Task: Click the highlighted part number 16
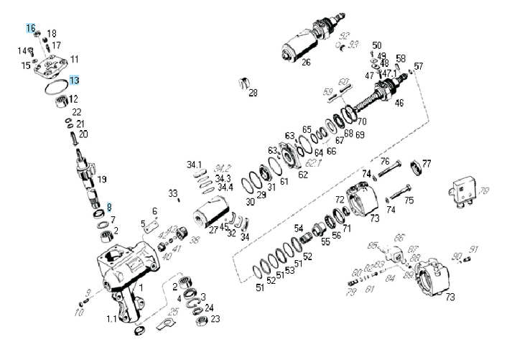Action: tap(31, 28)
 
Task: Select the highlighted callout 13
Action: tap(74, 80)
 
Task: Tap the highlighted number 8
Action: tap(110, 207)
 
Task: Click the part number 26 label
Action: tap(306, 63)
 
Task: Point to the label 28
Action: tap(253, 93)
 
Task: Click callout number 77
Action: tap(427, 164)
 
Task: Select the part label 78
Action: tap(484, 191)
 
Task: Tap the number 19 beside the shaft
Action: tap(102, 179)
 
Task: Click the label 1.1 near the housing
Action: tap(112, 318)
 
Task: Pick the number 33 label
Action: tap(172, 193)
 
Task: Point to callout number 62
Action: tap(303, 174)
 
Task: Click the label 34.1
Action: tap(195, 165)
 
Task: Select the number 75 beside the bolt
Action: tap(409, 201)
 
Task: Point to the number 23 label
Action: tap(215, 318)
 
